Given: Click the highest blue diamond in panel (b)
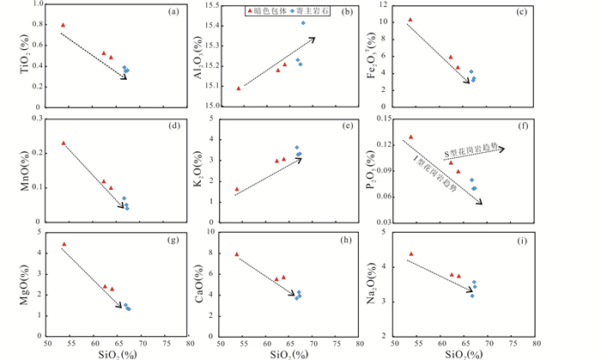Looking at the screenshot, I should [x=303, y=22].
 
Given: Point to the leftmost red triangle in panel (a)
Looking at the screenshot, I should [x=64, y=25].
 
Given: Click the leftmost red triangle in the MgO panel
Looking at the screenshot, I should [x=64, y=244].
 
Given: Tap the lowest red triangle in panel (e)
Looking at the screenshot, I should [x=237, y=189].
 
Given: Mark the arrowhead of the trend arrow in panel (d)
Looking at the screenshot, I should [x=125, y=207].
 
